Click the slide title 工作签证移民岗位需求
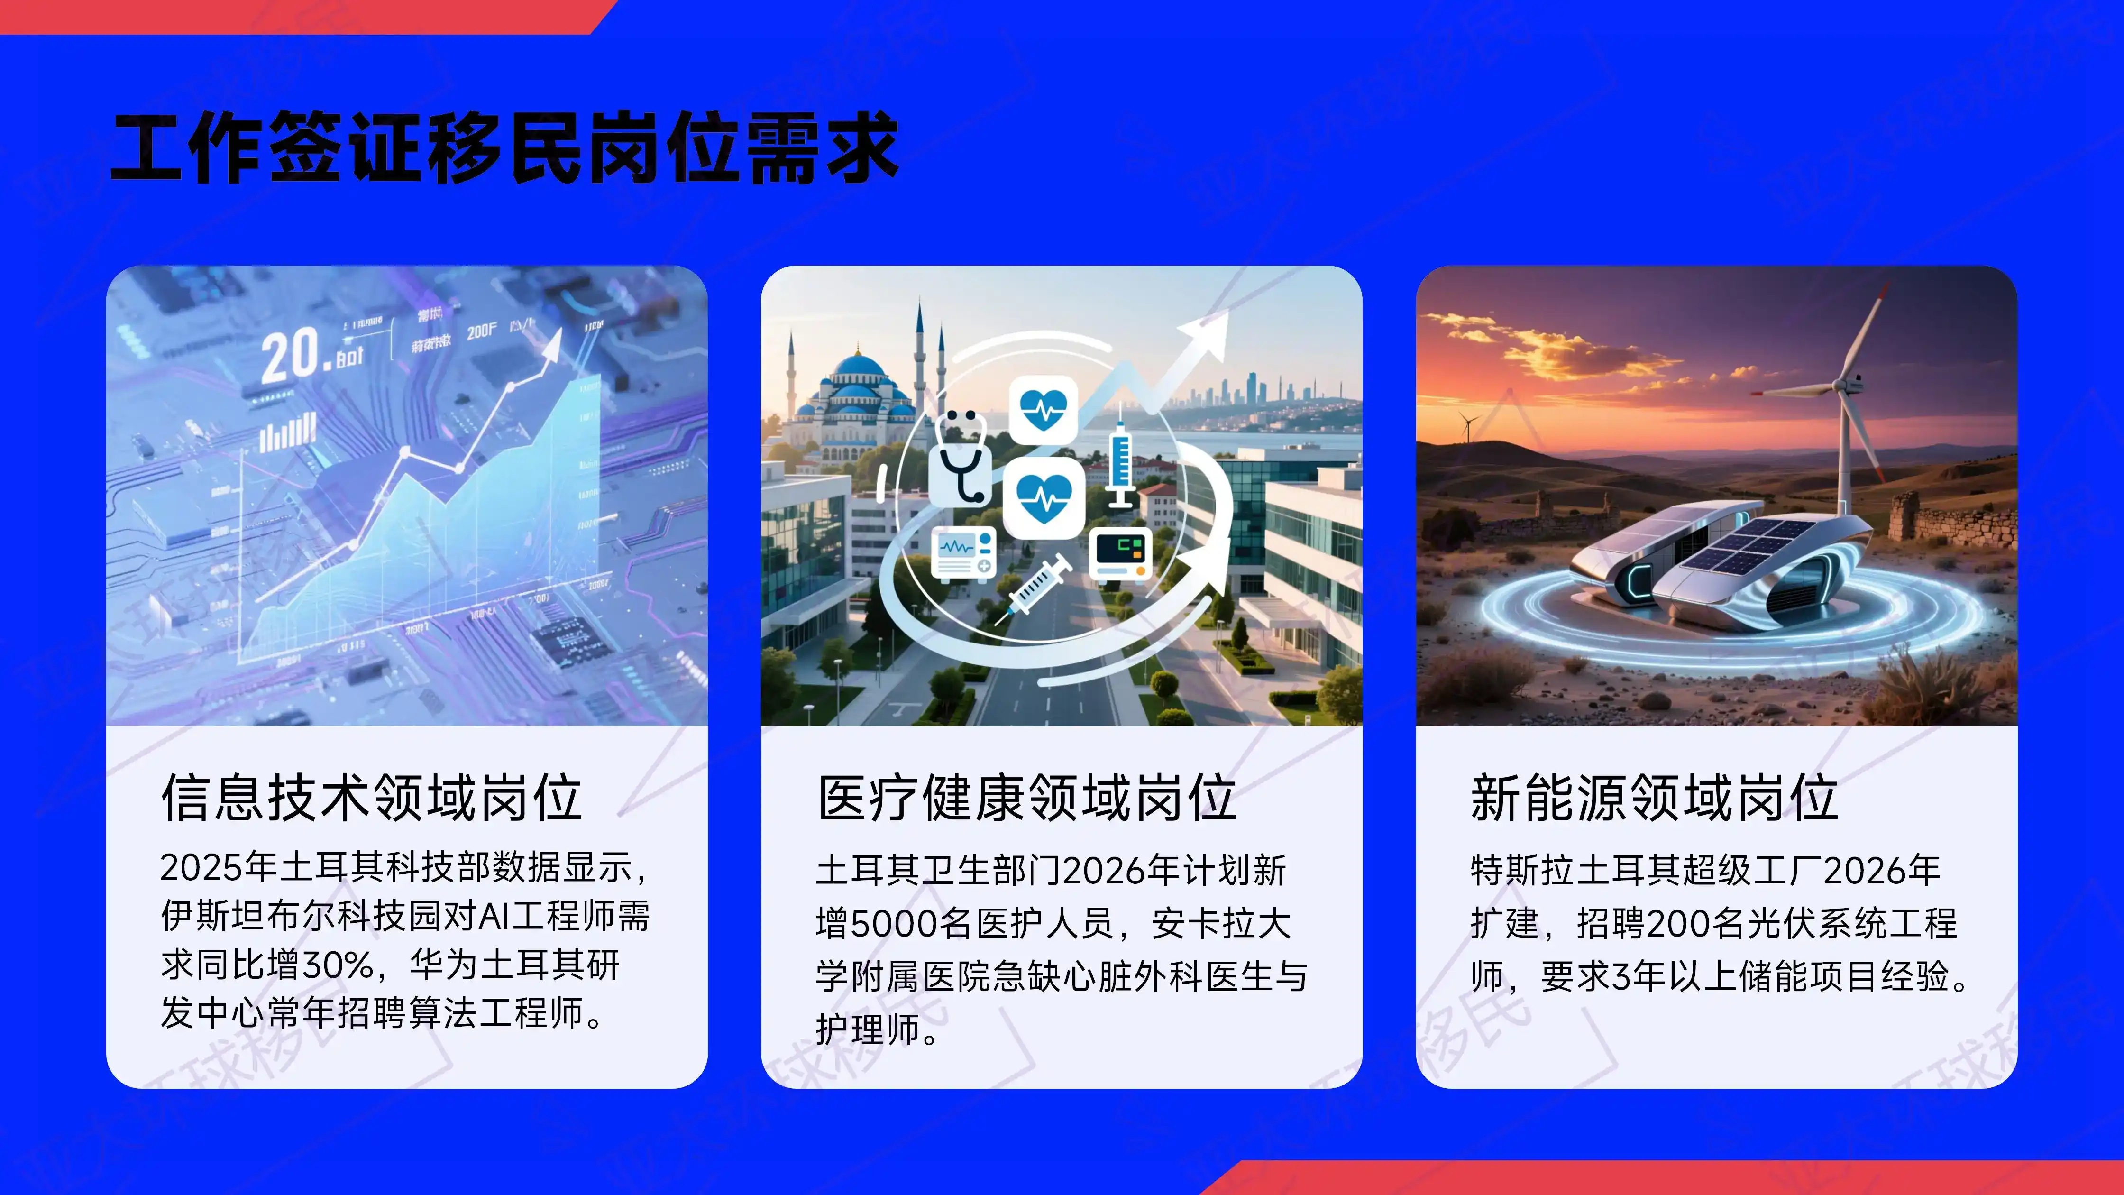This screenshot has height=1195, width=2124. (x=504, y=148)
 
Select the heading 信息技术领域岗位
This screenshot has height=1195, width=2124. (x=372, y=798)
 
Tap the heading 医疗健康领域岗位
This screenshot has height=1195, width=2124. (x=1026, y=798)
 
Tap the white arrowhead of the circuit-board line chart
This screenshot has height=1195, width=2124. (x=551, y=345)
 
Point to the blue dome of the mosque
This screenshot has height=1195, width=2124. (x=858, y=367)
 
